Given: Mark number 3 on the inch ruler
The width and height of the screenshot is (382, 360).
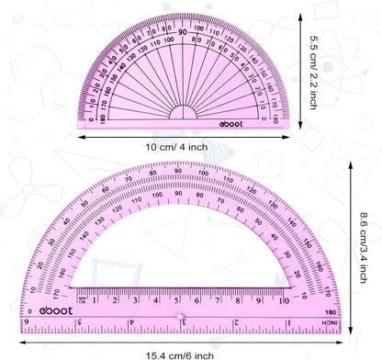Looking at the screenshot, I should tap(184, 322).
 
